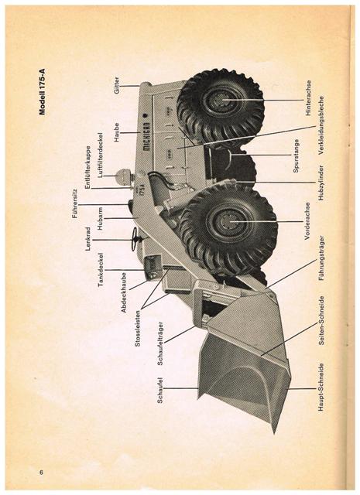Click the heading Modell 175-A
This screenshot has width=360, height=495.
pos(43,91)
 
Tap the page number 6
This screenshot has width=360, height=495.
pos(41,473)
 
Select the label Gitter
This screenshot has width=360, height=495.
pos(117,85)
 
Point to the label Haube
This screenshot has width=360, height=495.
pos(117,132)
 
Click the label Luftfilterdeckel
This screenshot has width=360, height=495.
pos(101,155)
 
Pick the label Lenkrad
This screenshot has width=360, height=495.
pos(87,239)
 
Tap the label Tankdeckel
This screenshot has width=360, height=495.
pos(101,270)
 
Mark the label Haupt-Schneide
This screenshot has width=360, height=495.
pos(321,387)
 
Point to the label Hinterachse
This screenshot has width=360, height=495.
pos(308,98)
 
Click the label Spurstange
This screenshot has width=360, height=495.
pos(296,155)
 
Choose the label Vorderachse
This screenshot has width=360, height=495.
pos(308,221)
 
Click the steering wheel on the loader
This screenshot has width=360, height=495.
pos(136,239)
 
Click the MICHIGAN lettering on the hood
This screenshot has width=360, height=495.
pos(146,137)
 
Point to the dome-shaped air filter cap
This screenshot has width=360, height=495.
pos(122,176)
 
